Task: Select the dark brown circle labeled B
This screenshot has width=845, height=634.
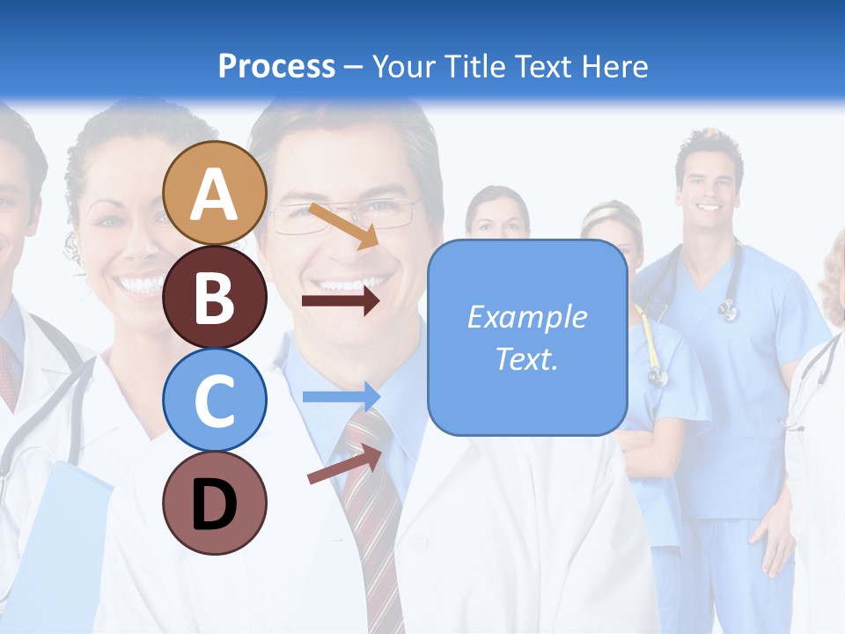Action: point(215,297)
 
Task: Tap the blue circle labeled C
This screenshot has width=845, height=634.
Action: point(215,400)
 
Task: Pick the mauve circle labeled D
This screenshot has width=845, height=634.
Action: point(215,503)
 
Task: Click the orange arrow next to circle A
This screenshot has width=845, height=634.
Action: point(344,225)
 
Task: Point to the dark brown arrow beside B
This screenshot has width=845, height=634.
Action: point(341,300)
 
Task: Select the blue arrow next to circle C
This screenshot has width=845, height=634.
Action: point(341,396)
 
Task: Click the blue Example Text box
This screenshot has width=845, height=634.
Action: point(527,338)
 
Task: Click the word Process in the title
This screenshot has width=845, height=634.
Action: point(276,66)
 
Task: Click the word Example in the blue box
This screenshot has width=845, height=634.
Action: point(527,317)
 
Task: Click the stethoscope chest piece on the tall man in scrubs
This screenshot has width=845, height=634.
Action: point(728,308)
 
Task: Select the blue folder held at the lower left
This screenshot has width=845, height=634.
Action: point(66,537)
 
